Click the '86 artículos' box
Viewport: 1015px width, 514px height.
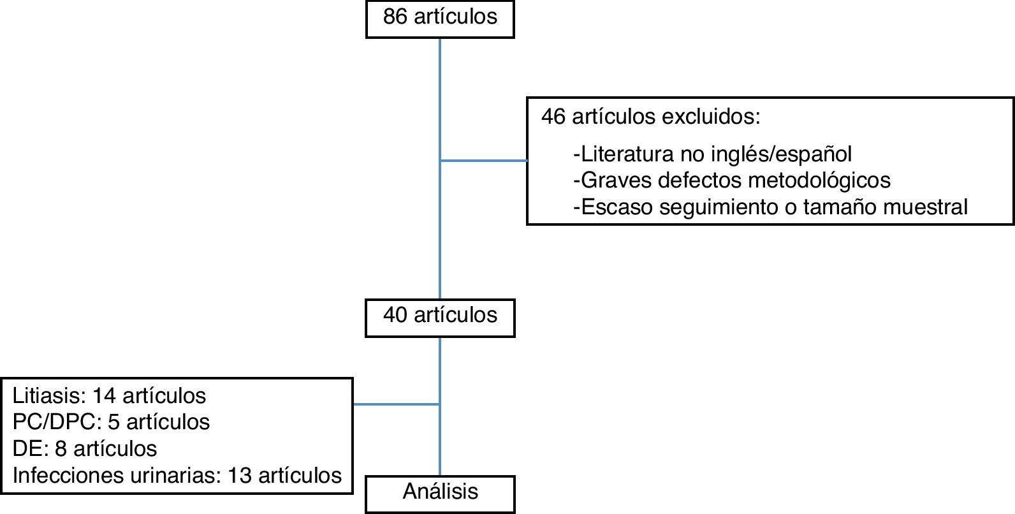[x=440, y=18]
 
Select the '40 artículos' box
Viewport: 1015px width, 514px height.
[x=440, y=317]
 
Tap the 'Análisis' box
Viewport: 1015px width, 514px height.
[x=440, y=493]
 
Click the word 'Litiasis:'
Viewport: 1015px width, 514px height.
[x=48, y=396]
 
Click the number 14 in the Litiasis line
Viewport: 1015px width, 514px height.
[x=104, y=396]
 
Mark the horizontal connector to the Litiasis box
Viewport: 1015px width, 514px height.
[x=396, y=404]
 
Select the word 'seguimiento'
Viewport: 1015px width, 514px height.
[x=719, y=207]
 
